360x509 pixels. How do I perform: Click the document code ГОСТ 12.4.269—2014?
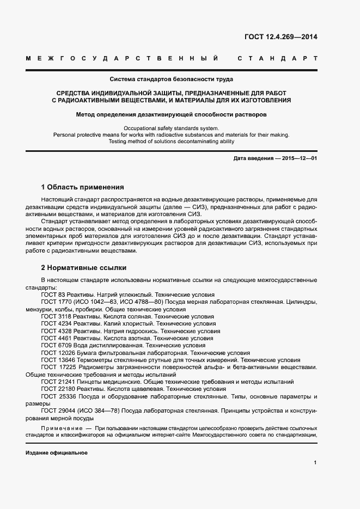[281, 38]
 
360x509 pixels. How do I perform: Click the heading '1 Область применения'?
[82, 186]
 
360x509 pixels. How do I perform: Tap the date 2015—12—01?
[298, 158]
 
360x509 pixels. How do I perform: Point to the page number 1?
[315, 463]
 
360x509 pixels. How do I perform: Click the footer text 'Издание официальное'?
[57, 453]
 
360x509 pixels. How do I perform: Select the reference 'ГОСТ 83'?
[52, 295]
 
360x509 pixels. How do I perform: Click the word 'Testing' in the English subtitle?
[136, 141]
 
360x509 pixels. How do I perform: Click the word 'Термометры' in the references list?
[91, 360]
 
